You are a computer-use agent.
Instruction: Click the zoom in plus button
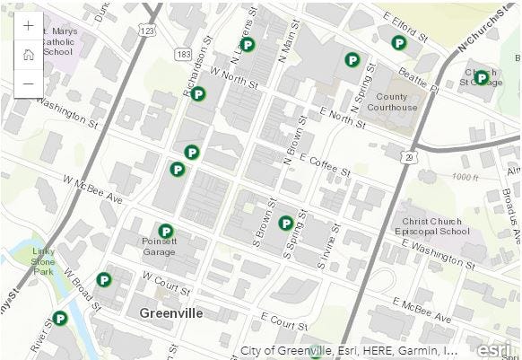(x=29, y=25)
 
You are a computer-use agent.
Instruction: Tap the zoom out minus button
(x=29, y=83)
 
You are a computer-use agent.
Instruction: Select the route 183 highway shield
(x=185, y=55)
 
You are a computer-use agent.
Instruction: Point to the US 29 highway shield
(x=409, y=156)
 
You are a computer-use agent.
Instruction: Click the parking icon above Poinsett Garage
(x=165, y=231)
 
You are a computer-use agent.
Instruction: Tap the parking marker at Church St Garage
(x=482, y=77)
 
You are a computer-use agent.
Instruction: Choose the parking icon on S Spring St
(x=286, y=223)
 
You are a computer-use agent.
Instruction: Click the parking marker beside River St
(x=60, y=317)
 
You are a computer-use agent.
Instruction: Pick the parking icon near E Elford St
(x=399, y=42)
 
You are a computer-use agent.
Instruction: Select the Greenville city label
(x=170, y=313)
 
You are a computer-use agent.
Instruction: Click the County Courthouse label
(x=397, y=102)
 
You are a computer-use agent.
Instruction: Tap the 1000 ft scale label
(x=466, y=177)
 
